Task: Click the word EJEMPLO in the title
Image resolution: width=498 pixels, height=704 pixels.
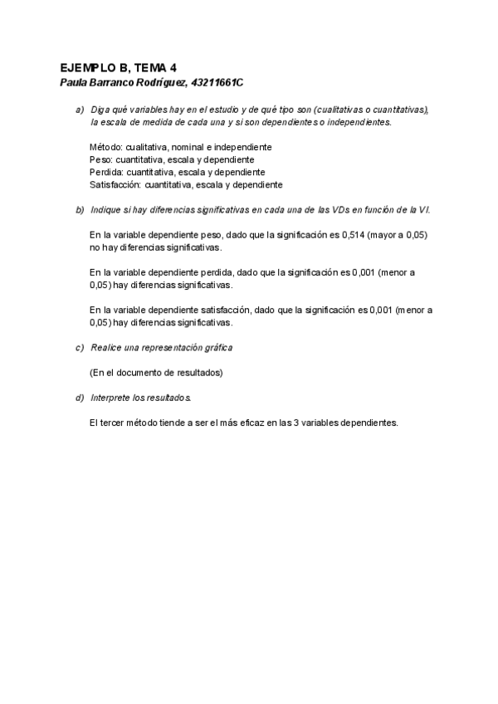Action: click(x=90, y=68)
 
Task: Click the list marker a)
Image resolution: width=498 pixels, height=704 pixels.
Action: click(x=80, y=110)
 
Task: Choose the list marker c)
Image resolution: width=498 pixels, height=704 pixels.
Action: click(x=80, y=346)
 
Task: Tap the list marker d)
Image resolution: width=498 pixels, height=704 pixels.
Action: click(x=80, y=398)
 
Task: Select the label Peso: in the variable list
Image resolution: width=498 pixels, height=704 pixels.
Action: click(x=101, y=159)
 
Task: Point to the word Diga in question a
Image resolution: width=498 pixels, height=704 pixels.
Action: click(x=100, y=110)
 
